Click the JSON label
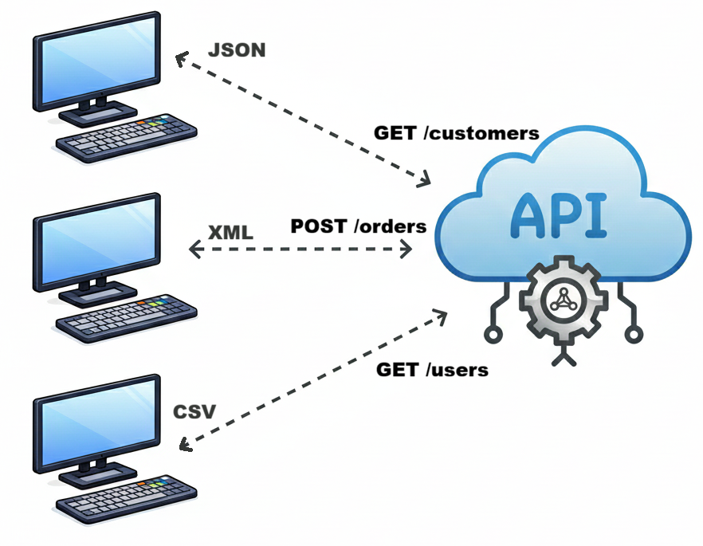pos(236,50)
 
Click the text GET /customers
pos(457,133)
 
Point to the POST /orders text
pos(359,226)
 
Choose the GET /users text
pos(432,370)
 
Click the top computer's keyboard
pos(125,139)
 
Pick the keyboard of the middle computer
pos(125,321)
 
